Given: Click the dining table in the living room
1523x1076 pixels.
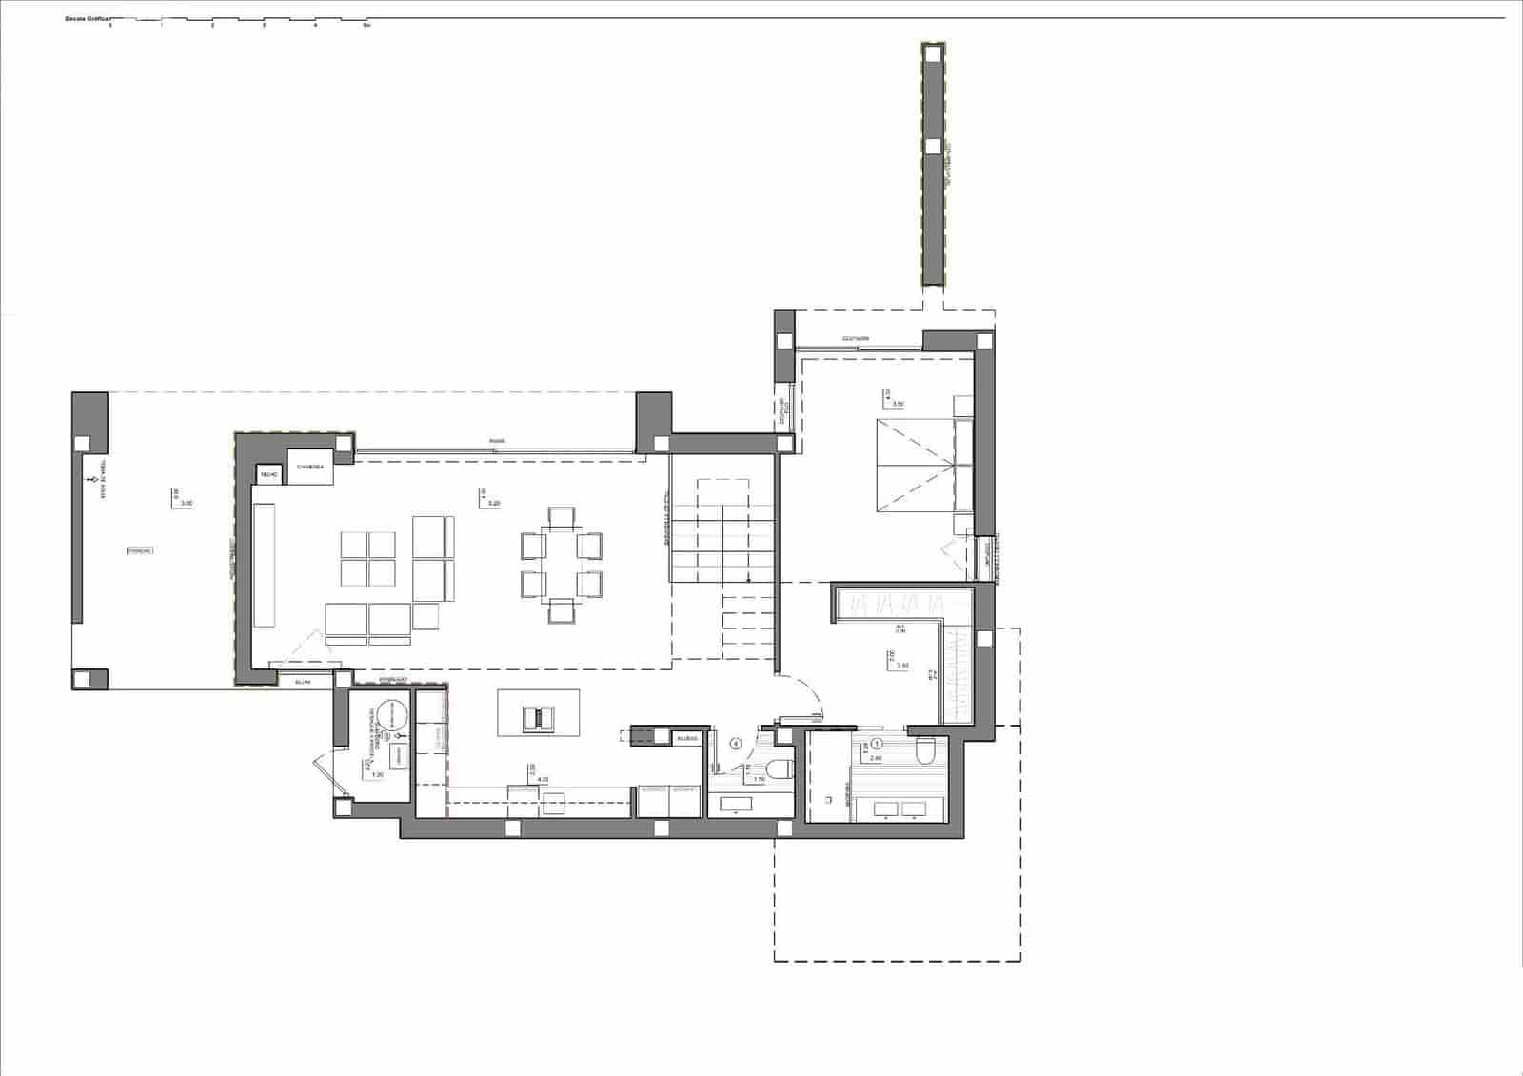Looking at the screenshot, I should (x=562, y=563).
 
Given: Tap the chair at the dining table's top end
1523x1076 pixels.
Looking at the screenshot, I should (x=562, y=517).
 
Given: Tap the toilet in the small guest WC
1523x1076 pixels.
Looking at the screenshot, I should (x=780, y=769).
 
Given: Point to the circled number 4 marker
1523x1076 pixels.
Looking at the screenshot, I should (x=735, y=744).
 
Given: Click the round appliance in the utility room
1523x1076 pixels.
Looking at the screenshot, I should (x=388, y=714).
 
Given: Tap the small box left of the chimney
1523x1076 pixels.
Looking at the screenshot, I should (x=267, y=473).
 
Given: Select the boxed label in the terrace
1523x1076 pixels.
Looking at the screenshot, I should (x=140, y=550).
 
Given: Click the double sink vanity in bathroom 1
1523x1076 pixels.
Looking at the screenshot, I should (x=900, y=809).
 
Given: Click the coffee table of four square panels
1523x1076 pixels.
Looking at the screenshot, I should (x=368, y=559).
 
